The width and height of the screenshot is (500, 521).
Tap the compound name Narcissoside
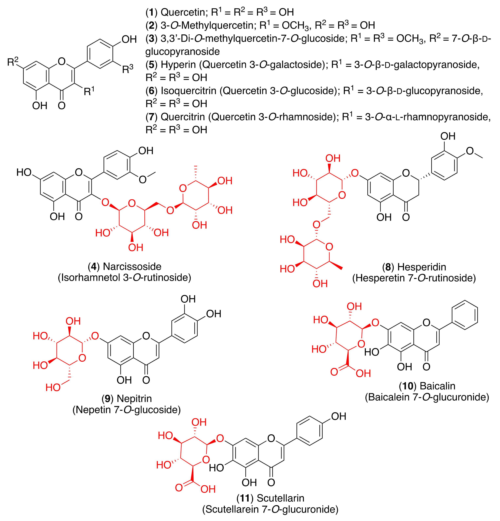[132, 266]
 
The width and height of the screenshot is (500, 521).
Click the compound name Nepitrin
[134, 398]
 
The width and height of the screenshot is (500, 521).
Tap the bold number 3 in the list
[151, 39]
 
